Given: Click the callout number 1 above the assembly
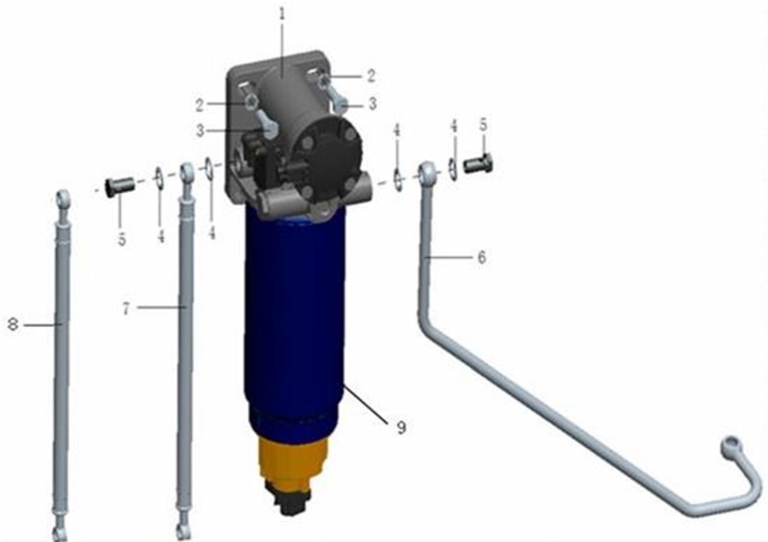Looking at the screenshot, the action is (x=281, y=14).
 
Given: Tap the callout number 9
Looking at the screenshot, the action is (x=401, y=428).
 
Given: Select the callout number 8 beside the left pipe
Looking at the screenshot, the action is (x=13, y=324).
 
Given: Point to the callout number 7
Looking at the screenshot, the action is (x=127, y=309).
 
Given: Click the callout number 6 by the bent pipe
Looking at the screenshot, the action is (x=482, y=256).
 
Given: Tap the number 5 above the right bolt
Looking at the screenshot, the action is (x=484, y=125).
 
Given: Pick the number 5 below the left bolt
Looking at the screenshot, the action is (x=122, y=240).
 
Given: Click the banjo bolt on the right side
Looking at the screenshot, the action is (x=477, y=163).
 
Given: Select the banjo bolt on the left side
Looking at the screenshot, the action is (x=119, y=185).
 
